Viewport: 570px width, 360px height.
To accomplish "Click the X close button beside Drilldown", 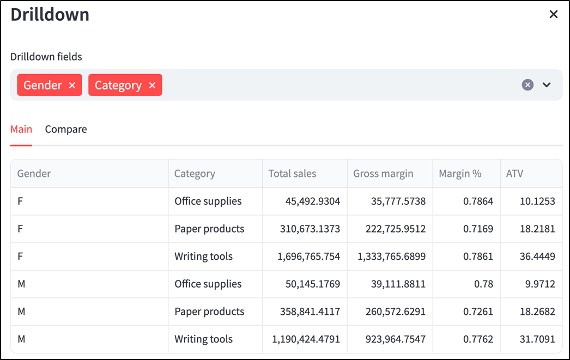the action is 553,14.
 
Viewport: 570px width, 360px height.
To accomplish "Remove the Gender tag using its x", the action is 72,85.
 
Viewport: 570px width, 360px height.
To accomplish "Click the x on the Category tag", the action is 152,85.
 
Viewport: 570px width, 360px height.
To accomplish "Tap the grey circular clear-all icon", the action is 527,84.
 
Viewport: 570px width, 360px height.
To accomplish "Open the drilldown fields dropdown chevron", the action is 547,84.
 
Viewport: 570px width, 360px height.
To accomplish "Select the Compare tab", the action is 66,129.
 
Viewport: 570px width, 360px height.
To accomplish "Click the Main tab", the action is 21,129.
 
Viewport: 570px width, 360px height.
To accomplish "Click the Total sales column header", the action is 292,174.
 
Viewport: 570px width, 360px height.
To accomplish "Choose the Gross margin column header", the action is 383,174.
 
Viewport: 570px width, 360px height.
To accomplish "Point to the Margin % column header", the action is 460,174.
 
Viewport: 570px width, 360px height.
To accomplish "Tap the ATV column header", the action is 514,174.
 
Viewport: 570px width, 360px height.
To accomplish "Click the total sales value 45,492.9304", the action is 313,202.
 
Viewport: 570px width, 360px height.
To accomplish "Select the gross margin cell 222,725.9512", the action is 396,229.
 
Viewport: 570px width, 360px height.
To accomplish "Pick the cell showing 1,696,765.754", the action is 308,257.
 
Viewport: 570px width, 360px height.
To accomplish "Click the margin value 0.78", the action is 483,284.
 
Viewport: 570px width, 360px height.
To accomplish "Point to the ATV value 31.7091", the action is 537,339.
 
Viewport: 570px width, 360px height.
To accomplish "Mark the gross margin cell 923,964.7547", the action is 396,339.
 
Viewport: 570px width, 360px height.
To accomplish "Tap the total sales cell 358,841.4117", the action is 310,312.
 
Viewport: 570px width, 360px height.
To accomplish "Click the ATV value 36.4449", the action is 537,257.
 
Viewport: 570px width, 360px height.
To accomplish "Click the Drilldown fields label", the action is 46,57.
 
